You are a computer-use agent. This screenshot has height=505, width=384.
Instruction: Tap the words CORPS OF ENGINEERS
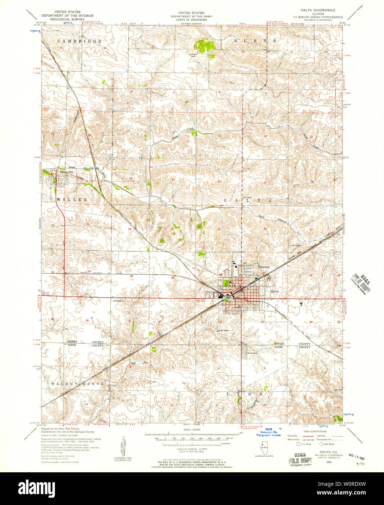(x=192, y=19)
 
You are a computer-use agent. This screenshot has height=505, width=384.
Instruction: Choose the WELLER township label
(x=72, y=200)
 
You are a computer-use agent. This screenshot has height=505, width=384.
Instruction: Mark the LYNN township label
(x=248, y=393)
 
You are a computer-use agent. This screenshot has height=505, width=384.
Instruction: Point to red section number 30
(x=131, y=276)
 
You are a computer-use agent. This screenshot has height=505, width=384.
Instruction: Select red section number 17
(x=173, y=180)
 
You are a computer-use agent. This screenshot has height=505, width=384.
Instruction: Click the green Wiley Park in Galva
(x=225, y=284)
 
